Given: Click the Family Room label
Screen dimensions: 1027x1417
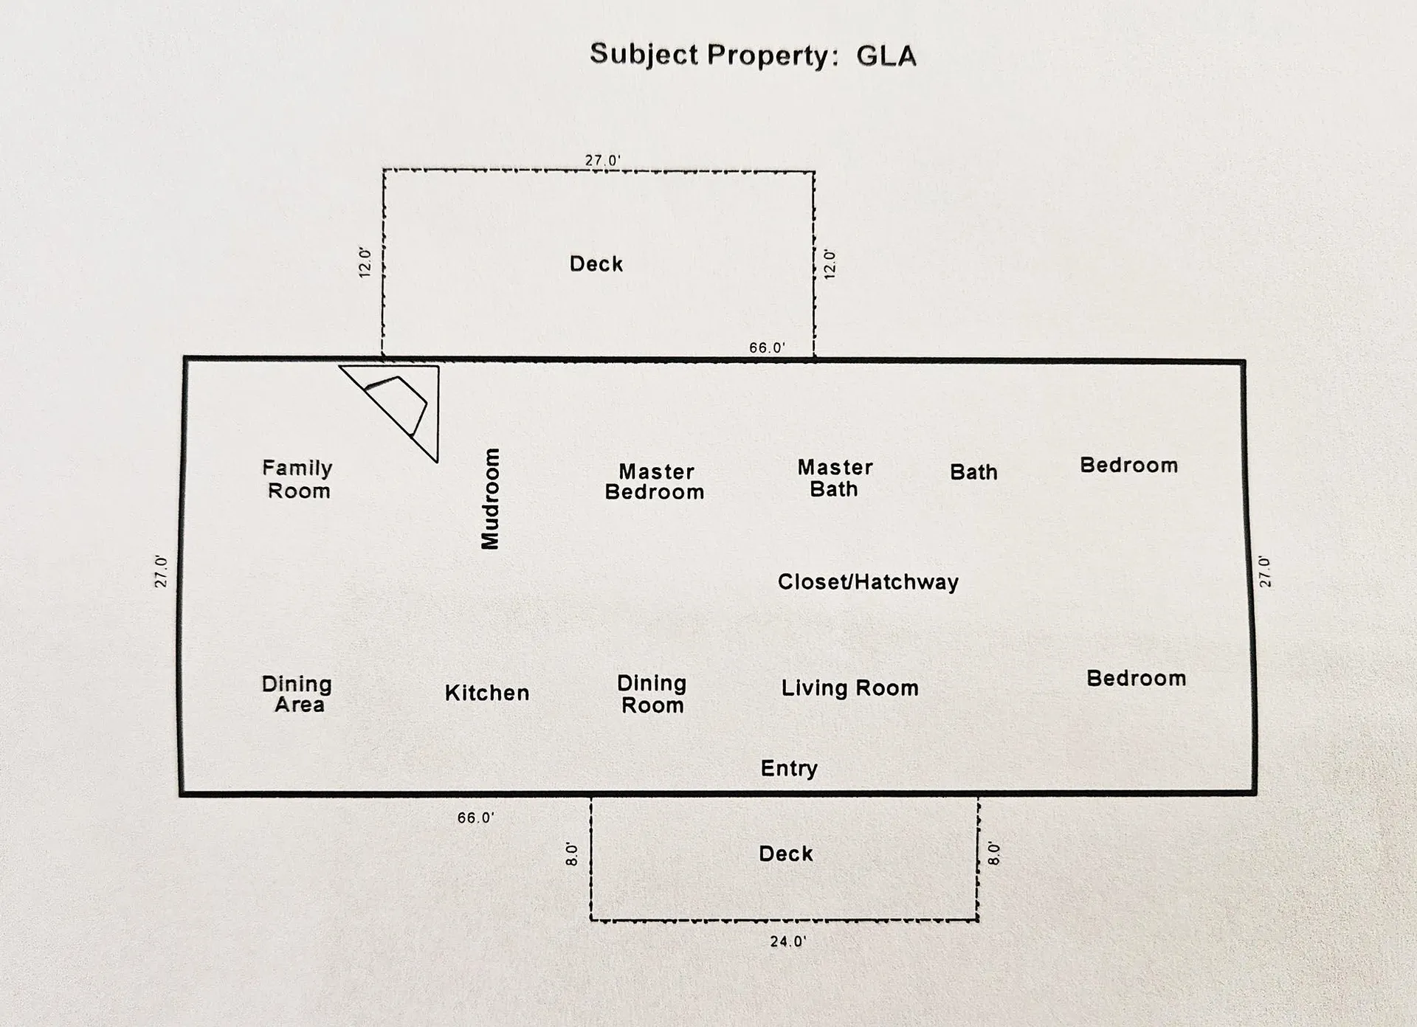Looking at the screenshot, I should pos(297,480).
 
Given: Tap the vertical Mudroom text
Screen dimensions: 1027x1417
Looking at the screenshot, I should pos(490,499).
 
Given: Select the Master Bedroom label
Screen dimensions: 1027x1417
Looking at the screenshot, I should pos(655,482).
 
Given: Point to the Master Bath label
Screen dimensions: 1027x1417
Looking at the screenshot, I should pos(835,478).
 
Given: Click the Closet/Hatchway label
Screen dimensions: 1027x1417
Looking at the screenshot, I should pos(868,582).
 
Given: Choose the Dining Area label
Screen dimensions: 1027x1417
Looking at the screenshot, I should pos(297,694).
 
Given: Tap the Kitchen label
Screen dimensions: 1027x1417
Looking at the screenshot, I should pos(487,693).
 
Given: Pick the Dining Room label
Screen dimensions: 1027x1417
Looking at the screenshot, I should pos(652,694).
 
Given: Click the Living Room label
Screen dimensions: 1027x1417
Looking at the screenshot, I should pos(849,688).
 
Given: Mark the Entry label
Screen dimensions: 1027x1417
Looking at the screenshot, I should pos(789,768).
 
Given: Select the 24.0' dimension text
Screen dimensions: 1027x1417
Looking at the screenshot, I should pos(787,941).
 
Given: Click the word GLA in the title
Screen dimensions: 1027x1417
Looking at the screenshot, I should pos(886,56).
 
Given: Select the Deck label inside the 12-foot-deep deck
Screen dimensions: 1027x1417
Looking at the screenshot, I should pos(596,264).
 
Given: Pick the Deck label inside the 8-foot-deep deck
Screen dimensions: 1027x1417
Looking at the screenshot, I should pos(786,854).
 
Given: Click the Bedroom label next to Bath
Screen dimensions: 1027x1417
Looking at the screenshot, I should pos(1128,466).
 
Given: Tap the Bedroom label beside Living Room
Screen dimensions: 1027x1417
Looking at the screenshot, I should pos(1136,679).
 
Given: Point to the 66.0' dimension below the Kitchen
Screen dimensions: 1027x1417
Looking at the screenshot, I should pos(475,817).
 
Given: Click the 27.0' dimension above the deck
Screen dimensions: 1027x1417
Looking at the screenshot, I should pos(603,160).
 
